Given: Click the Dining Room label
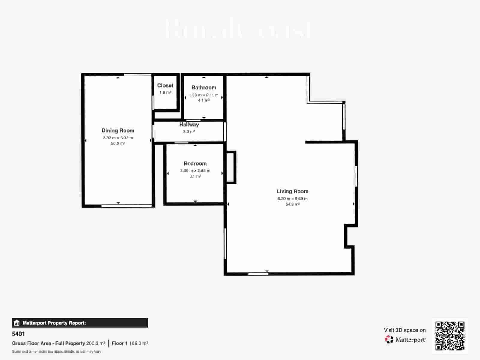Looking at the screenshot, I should (118, 130).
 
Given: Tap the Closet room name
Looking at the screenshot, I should (165, 85).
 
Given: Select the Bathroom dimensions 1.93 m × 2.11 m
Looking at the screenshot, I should (204, 95).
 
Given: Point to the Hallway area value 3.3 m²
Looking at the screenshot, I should (189, 131).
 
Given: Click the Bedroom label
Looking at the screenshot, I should (195, 163).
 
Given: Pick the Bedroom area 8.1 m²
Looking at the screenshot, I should (195, 176).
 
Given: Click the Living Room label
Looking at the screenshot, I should (292, 191).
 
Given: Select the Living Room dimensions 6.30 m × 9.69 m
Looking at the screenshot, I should (292, 199).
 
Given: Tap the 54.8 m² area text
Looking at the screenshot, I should (292, 204).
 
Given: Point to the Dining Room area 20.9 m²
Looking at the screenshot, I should (118, 143).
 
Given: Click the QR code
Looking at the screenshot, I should (450, 336).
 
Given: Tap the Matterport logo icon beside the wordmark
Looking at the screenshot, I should (389, 340).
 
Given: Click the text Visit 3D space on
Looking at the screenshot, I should (405, 330).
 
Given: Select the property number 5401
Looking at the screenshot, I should (18, 334).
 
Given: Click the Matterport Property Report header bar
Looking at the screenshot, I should (80, 323).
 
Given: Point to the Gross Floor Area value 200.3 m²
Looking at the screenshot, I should (96, 343).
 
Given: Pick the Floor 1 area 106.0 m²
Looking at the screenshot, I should (139, 343).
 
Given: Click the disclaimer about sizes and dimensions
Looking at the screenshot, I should (56, 351).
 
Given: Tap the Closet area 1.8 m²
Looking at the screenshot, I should (165, 92).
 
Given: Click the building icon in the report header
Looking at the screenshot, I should (17, 323).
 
